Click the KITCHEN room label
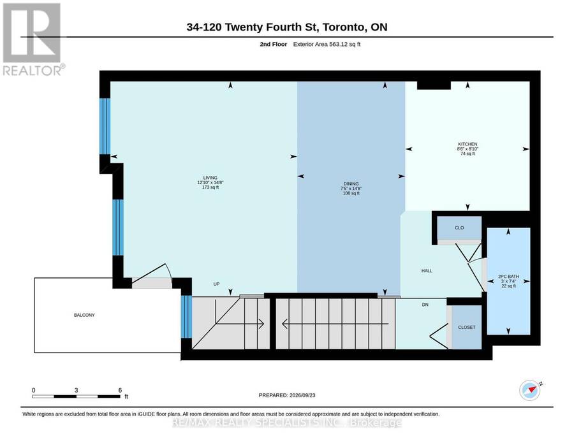pos(467,144)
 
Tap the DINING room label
pos(351,184)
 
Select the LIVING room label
pos(210,178)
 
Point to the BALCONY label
pos(84,315)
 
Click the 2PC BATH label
pos(508,277)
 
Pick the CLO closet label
pos(459,228)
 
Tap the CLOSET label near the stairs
pos(467,328)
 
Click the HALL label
pos(427,271)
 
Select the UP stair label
pos(216,284)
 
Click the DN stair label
pos(425,304)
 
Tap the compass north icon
pos(530,391)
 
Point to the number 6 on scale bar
pos(120,390)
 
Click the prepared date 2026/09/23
pos(302,395)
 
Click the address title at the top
pos(287,27)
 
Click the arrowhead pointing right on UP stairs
pos(261,324)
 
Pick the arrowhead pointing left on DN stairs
pos(285,324)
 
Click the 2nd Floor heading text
pos(274,44)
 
